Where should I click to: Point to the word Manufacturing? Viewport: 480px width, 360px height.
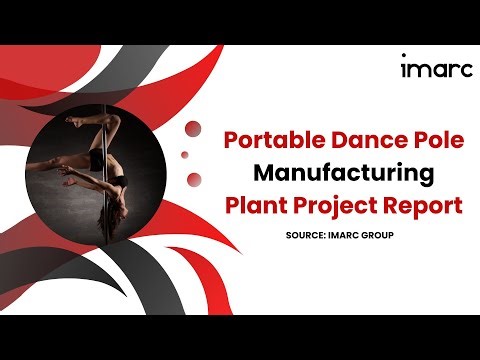343,173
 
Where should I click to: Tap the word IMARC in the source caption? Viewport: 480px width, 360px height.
344,237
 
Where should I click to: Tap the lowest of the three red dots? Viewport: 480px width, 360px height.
194,179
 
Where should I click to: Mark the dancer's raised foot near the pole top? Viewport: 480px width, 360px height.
74,121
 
